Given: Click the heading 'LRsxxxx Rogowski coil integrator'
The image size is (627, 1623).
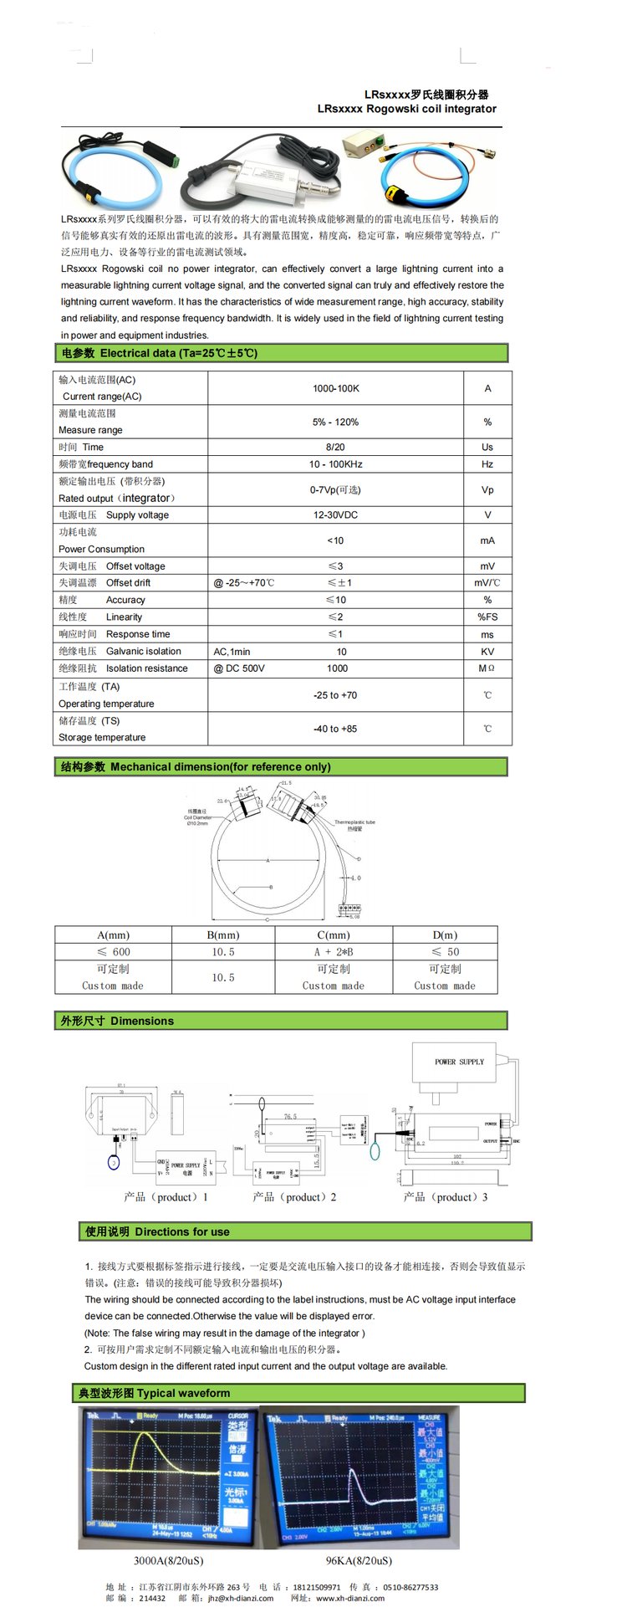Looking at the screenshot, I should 406,109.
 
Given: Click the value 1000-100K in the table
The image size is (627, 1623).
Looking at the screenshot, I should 335,388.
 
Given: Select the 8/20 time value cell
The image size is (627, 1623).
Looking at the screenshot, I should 335,447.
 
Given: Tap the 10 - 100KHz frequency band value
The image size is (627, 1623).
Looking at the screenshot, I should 335,464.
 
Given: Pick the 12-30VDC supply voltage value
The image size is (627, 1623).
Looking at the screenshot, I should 335,515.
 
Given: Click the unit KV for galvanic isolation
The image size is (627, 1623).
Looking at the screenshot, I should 487,652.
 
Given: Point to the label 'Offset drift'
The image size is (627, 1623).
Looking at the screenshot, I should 128,583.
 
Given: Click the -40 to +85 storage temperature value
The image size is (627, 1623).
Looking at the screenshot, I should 335,729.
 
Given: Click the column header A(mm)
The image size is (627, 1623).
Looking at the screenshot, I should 114,935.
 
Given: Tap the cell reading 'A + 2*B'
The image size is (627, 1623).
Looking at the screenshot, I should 334,952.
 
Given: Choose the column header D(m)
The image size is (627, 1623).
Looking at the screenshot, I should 445,935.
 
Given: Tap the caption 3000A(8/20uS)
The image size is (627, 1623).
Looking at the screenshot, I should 168,1560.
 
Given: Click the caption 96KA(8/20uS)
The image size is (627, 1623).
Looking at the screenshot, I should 359,1560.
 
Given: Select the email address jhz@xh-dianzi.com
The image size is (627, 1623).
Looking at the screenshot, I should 241,1598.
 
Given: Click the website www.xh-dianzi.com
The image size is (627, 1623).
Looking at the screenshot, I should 350,1598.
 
